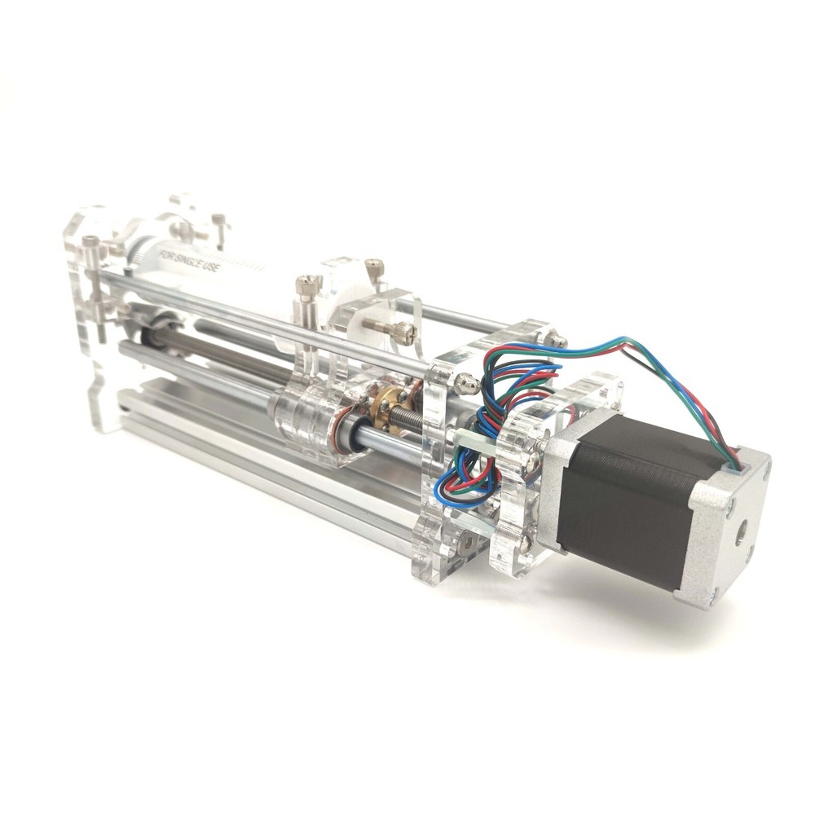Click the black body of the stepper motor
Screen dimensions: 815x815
[x=628, y=497]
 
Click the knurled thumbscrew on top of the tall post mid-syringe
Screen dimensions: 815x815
[x=306, y=285]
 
